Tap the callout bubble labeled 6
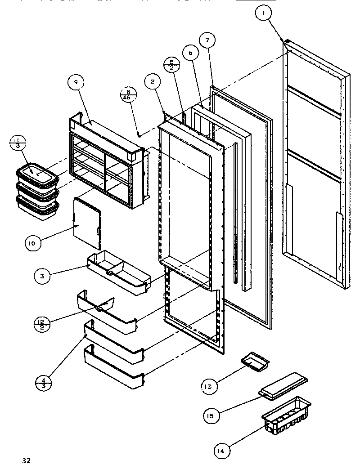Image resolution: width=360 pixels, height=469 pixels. (190, 53)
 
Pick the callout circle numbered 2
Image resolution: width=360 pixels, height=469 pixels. (153, 81)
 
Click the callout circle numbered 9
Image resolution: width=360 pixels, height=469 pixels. (76, 82)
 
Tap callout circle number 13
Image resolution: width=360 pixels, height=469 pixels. (209, 385)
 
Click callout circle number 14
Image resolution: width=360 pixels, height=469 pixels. (222, 449)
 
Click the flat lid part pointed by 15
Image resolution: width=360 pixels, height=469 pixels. (283, 386)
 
